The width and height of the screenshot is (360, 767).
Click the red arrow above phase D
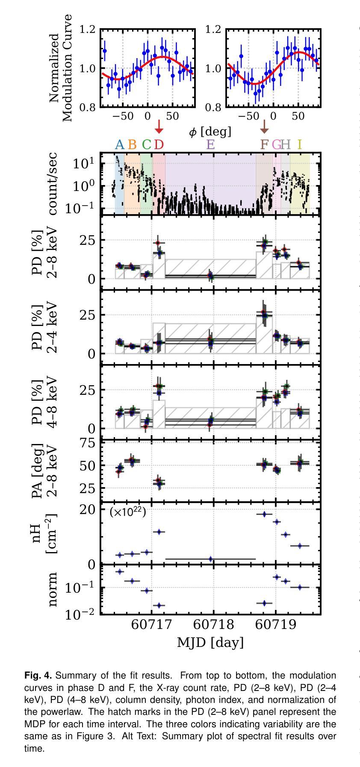[x=159, y=127]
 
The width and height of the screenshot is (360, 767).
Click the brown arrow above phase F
[x=264, y=127]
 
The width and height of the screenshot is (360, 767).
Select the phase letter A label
[x=119, y=144]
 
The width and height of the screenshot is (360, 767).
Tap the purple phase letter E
[x=210, y=144]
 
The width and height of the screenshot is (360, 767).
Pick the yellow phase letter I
[x=300, y=144]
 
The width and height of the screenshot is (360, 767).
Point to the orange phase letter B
[x=132, y=144]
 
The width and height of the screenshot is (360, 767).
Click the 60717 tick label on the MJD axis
[x=151, y=625]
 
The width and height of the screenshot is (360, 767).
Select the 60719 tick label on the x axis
[x=275, y=625]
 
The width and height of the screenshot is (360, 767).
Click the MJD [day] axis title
[x=210, y=642]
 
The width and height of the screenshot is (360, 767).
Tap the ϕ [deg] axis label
[x=210, y=132]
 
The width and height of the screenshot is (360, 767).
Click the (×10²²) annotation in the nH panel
[x=128, y=512]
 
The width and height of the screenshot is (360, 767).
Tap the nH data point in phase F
[x=264, y=514]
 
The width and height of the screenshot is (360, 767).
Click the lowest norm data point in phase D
[x=159, y=605]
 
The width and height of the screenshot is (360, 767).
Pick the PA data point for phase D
[x=159, y=482]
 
